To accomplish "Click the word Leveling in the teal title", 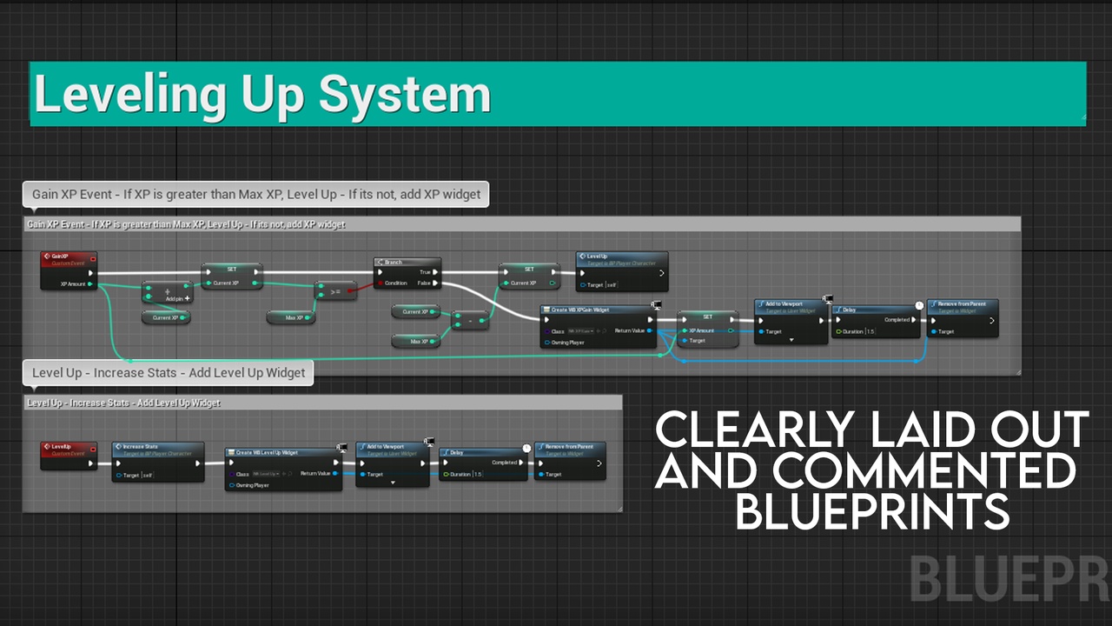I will click(129, 95).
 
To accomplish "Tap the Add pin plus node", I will click(167, 293).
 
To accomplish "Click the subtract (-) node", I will click(470, 321).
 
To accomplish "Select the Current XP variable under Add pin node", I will click(166, 317).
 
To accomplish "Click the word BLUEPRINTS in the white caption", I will click(872, 511).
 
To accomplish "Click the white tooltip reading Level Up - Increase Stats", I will click(169, 373).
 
